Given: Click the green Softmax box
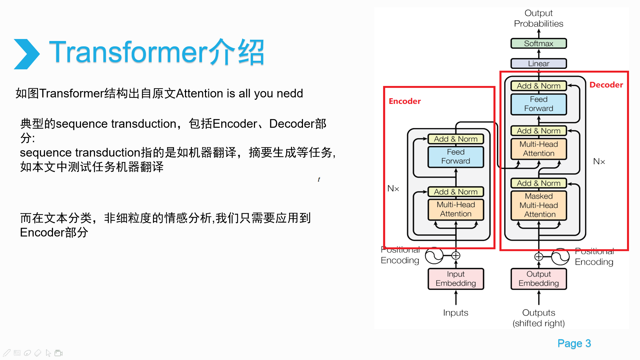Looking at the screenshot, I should (538, 43).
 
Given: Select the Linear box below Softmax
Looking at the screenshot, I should (538, 63).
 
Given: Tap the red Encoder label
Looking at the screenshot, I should (405, 101).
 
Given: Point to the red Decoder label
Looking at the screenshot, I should (606, 85).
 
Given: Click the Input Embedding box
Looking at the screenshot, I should (456, 279).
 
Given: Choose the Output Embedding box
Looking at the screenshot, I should (538, 279).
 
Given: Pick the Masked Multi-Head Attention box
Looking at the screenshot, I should (539, 205).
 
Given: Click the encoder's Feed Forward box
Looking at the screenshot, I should (456, 157).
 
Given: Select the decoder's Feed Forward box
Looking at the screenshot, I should (538, 104).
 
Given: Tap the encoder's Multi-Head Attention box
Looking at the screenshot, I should (456, 209).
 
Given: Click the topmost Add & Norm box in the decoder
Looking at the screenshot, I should (538, 86).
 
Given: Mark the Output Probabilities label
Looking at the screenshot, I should (538, 18).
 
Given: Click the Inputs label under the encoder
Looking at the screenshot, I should (456, 313).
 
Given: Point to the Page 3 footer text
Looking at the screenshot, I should (574, 343).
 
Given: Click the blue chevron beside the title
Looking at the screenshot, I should (27, 54).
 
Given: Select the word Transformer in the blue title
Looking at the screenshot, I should (128, 52).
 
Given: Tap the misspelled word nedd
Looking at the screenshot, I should (290, 93).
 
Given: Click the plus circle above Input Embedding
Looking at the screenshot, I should (456, 256).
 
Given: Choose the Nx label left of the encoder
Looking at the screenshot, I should (393, 189).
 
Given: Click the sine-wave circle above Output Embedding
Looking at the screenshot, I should (560, 257).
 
